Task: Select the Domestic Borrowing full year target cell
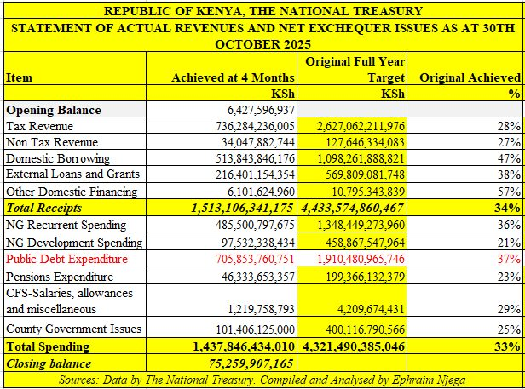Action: [x=351, y=158]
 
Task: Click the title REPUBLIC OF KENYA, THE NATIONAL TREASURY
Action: [x=262, y=11]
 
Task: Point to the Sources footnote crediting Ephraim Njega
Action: [x=262, y=380]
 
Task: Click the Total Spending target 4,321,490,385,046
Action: [x=351, y=346]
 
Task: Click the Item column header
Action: [x=20, y=77]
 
